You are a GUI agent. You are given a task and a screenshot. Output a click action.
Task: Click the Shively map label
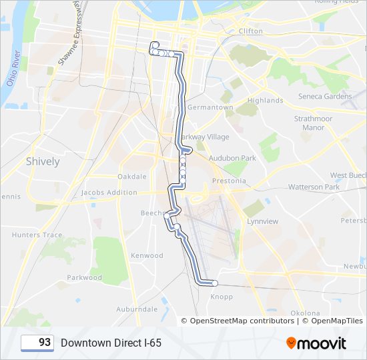43,161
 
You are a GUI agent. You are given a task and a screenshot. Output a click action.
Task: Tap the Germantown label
210,107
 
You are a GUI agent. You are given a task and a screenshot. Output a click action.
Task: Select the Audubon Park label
232,158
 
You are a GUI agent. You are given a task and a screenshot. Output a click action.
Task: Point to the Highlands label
265,101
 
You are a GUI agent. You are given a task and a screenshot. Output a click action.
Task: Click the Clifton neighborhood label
250,31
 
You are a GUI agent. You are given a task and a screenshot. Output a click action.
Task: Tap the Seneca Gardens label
325,96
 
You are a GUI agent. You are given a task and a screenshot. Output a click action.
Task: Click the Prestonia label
228,181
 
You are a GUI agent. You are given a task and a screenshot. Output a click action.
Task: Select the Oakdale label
131,177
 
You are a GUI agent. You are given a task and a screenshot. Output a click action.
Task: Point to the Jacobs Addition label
109,193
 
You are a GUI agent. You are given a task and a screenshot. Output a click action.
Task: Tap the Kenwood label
147,255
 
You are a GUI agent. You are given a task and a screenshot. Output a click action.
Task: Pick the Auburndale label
137,309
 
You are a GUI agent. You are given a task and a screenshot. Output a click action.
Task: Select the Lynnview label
262,221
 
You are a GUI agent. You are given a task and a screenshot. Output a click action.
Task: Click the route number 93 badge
37,343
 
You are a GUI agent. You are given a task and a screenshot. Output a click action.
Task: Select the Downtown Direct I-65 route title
111,343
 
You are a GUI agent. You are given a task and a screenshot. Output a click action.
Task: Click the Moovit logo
316,343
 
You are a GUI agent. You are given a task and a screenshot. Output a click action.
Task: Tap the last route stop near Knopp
214,283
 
